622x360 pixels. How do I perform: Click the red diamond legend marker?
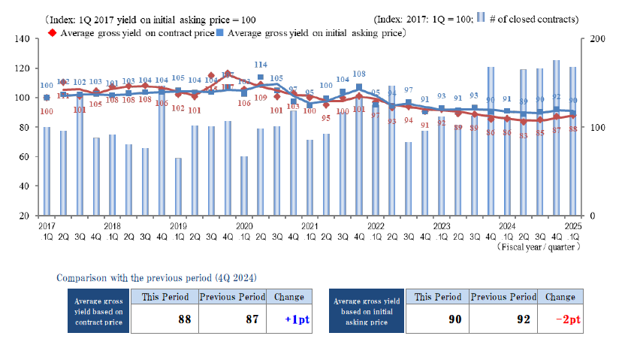pos(52,34)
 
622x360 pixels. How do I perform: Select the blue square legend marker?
pos(219,34)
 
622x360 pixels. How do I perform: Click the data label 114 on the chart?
pos(261,65)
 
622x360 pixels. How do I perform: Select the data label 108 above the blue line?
pos(358,74)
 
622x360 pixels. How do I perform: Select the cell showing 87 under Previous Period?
pos(231,319)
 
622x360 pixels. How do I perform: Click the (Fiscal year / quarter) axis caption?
pos(543,246)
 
